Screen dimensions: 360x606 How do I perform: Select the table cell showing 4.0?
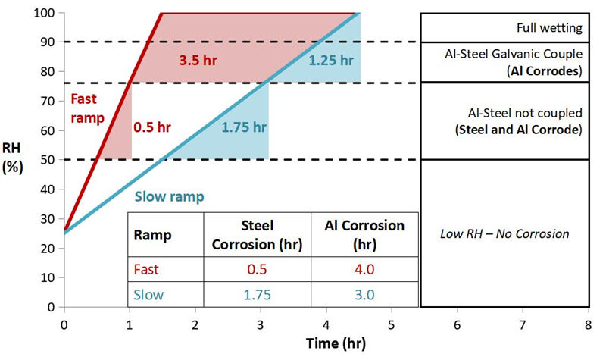coord(364,270)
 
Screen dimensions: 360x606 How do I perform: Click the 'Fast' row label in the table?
coord(146,270)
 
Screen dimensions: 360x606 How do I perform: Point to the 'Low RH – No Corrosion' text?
coord(504,233)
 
